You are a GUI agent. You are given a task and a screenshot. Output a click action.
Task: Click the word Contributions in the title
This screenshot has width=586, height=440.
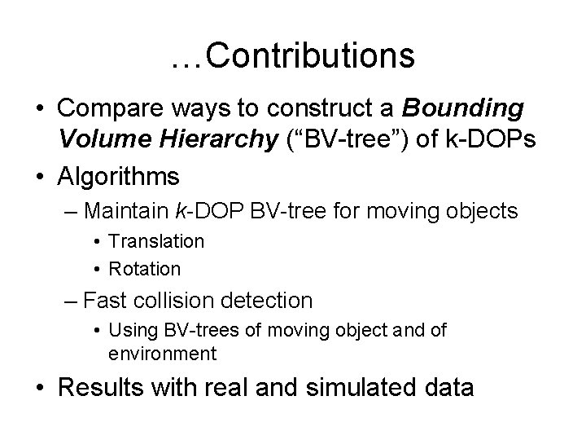pyautogui.click(x=310, y=56)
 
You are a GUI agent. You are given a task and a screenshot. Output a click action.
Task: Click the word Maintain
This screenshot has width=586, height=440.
pyautogui.click(x=126, y=212)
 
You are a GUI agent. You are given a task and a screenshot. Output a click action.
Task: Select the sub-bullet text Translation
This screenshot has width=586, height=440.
pyautogui.click(x=156, y=241)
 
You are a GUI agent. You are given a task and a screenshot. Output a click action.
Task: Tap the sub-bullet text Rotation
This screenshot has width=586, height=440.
pyautogui.click(x=145, y=268)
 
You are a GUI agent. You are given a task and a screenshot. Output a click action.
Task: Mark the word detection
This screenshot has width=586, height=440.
pyautogui.click(x=268, y=301)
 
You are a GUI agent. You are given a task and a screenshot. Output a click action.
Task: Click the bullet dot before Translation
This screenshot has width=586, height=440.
pyautogui.click(x=97, y=241)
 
